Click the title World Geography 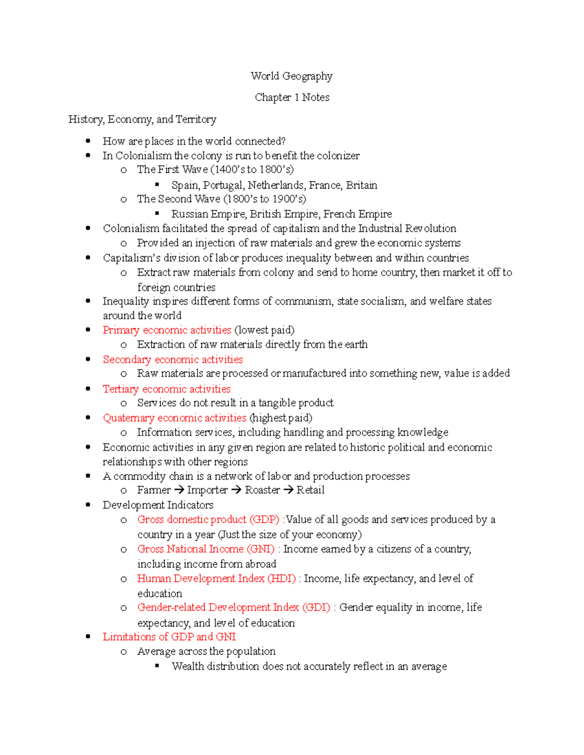[x=292, y=76]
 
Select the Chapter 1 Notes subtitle [x=292, y=97]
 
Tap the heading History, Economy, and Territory [x=142, y=119]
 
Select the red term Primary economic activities [x=167, y=330]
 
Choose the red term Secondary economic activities [x=173, y=359]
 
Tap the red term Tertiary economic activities [x=166, y=389]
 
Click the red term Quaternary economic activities [x=174, y=418]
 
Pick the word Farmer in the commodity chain [x=154, y=490]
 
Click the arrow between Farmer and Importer [x=179, y=490]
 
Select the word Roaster [x=262, y=490]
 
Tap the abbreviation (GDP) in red [x=264, y=520]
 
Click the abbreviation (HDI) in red [x=281, y=579]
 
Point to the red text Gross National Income [x=190, y=549]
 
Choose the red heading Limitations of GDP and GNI [x=169, y=637]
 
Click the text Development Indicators [x=158, y=505]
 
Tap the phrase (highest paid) [x=281, y=418]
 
